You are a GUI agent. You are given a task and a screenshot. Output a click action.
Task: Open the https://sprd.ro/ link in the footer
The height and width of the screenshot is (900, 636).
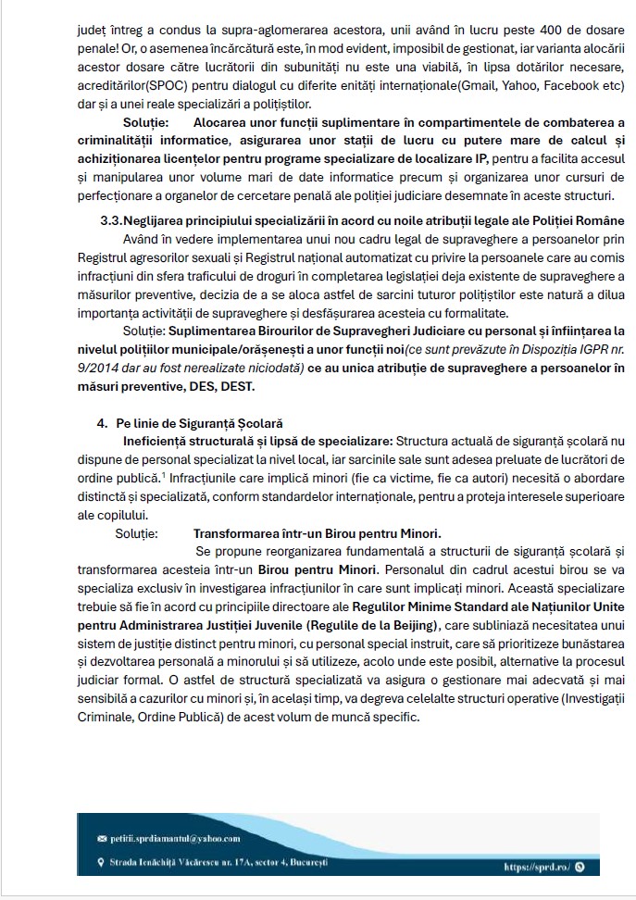(535, 868)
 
